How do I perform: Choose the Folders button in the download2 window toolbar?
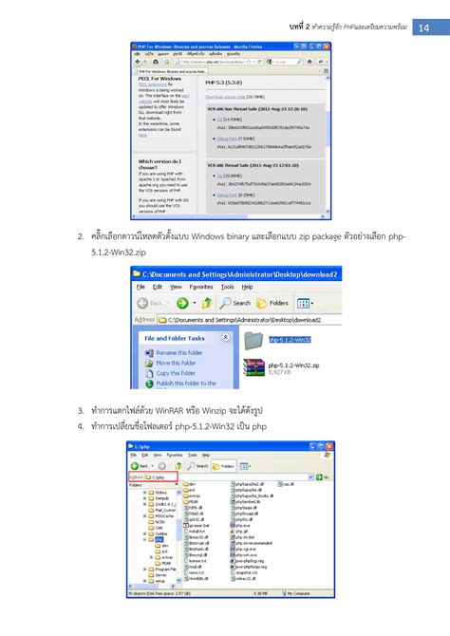point(276,303)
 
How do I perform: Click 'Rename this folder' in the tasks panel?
point(177,352)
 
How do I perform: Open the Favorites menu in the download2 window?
point(200,286)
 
